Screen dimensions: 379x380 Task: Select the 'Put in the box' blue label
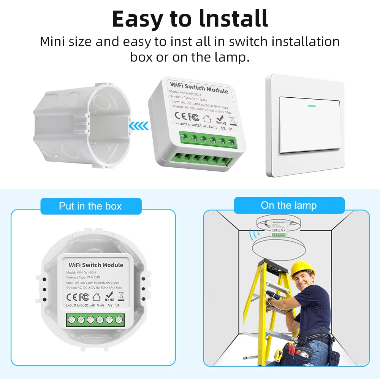(x=90, y=206)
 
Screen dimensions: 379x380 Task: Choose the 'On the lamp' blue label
(x=288, y=206)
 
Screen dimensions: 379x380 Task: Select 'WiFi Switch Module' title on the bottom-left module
(x=96, y=265)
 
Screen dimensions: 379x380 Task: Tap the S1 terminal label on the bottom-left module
(x=117, y=305)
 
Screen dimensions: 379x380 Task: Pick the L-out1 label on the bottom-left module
(x=71, y=305)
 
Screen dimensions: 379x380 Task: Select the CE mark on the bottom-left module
(x=71, y=297)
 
